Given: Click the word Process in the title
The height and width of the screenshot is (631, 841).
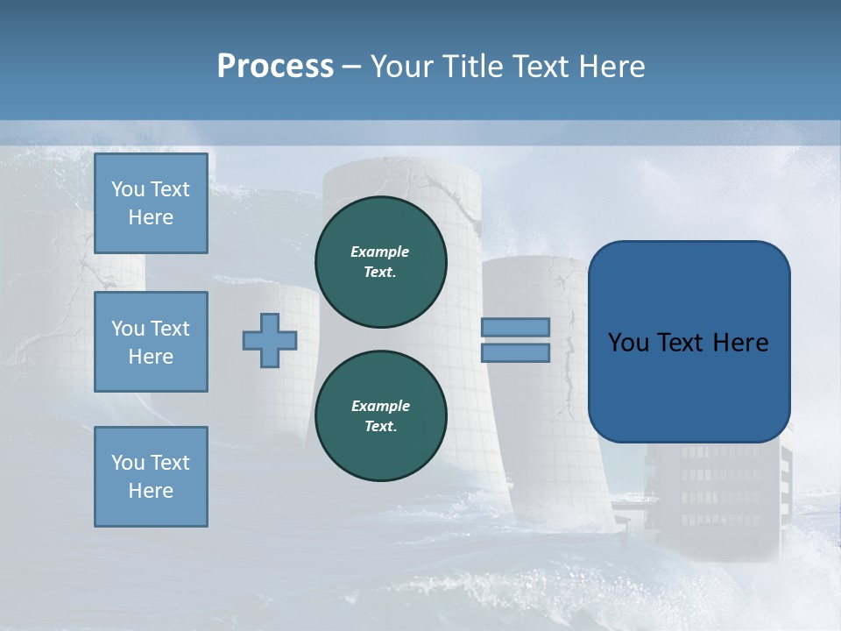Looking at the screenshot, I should (x=275, y=67).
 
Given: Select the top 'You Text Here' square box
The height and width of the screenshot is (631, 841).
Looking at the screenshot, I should (x=151, y=203).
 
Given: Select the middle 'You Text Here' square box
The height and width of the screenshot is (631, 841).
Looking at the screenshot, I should (x=151, y=342).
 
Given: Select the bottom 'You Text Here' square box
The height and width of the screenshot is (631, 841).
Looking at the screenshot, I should (x=151, y=477).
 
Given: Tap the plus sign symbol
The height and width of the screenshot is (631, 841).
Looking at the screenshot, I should (x=270, y=340).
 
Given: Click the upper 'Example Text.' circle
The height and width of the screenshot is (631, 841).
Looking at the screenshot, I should (x=380, y=262).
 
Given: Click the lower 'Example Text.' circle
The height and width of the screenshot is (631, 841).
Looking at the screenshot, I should (x=380, y=416).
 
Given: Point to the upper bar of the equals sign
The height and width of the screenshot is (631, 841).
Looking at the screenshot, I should (x=515, y=328).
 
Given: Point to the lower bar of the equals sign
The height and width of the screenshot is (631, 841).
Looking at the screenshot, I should (x=515, y=352).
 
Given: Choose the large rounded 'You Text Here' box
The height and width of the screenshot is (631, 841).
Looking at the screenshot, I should (x=689, y=342).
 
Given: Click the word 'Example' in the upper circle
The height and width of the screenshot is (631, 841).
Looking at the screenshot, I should (x=380, y=252).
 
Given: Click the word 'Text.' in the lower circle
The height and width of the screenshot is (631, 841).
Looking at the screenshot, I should (x=380, y=427).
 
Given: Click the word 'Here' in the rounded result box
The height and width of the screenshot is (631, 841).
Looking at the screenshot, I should (x=740, y=343).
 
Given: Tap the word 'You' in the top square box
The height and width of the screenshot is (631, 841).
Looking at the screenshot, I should (x=127, y=189).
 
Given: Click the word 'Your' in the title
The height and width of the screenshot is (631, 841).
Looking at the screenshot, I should (x=402, y=67).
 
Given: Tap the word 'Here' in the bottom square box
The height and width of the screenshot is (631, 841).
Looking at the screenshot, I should (x=151, y=491).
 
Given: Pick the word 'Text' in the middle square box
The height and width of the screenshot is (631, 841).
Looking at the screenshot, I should (x=169, y=329).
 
